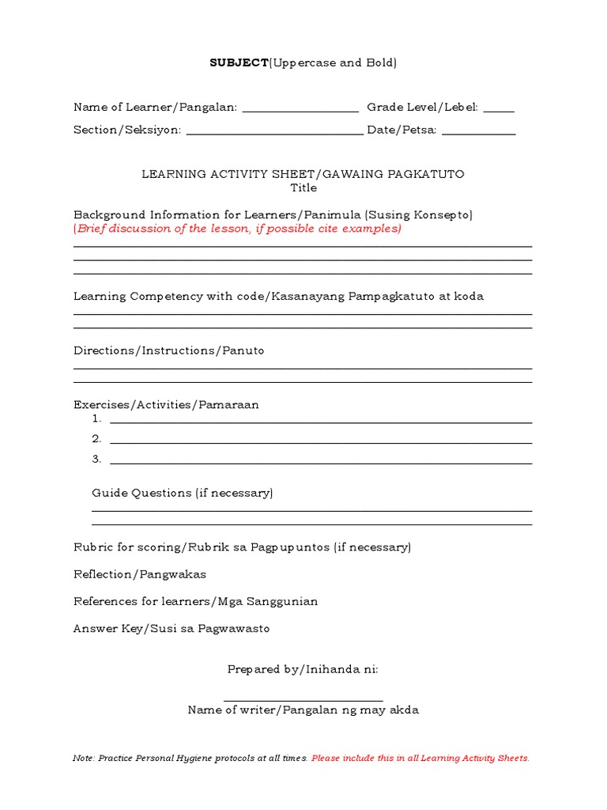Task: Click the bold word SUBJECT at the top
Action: point(239,62)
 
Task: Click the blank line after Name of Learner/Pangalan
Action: point(300,112)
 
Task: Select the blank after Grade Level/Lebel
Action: point(498,112)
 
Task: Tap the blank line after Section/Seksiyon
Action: point(274,134)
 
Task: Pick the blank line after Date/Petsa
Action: point(478,134)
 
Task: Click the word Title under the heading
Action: point(303,188)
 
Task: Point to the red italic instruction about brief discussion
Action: point(237,229)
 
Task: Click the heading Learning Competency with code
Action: point(278,297)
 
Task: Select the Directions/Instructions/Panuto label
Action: point(168,350)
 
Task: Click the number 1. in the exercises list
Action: point(96,419)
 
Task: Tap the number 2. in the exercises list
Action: point(96,439)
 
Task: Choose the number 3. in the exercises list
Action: point(96,459)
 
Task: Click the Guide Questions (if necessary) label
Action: point(182,493)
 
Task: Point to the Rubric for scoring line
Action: point(242,547)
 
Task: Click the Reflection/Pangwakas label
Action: point(140,574)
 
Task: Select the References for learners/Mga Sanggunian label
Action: point(195,601)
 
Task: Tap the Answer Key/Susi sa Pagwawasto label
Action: point(172,629)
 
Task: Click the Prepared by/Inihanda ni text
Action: point(303,669)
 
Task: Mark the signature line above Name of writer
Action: point(303,700)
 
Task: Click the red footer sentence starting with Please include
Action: point(420,759)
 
